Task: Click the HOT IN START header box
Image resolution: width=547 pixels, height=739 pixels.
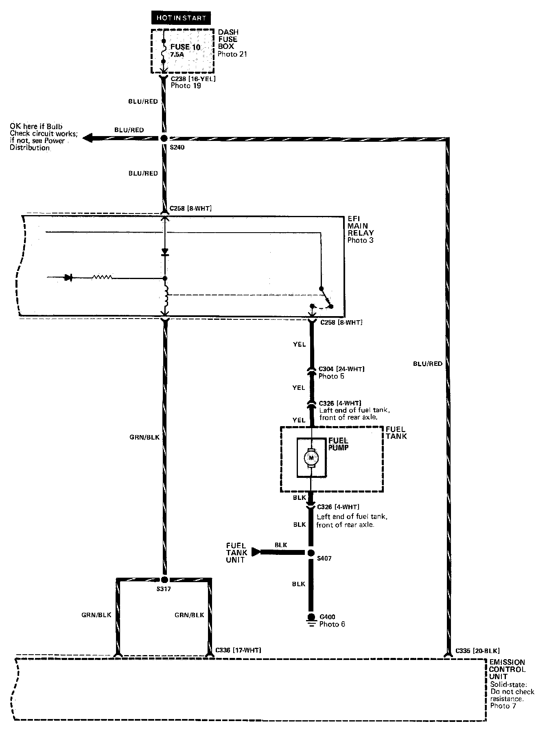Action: coord(181,18)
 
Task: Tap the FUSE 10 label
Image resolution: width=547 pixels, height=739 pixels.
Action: coord(185,47)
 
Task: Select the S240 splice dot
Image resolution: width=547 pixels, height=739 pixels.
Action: coord(164,139)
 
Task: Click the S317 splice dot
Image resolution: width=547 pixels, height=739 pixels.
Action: coord(164,580)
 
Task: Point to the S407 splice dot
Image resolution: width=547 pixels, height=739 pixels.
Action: coord(311,553)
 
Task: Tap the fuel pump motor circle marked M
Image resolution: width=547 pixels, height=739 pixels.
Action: coord(311,458)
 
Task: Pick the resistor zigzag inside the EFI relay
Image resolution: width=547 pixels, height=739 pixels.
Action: coord(102,278)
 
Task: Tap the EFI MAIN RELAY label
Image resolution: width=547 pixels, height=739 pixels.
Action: coord(361,229)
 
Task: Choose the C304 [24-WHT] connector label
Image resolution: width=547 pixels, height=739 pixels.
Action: coord(341,369)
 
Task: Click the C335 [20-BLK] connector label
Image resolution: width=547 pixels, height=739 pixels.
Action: coord(477,651)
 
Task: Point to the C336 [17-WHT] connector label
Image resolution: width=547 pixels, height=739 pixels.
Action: coord(238,650)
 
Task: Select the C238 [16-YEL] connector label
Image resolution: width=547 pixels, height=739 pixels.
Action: coord(193,79)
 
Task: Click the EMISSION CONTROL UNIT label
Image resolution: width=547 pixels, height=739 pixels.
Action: coord(507,669)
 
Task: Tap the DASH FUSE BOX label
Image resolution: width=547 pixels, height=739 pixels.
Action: coord(228,39)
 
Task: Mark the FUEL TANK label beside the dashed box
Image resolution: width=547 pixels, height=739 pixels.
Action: coord(396,433)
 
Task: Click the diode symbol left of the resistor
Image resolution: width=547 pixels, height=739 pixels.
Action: coord(69,278)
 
